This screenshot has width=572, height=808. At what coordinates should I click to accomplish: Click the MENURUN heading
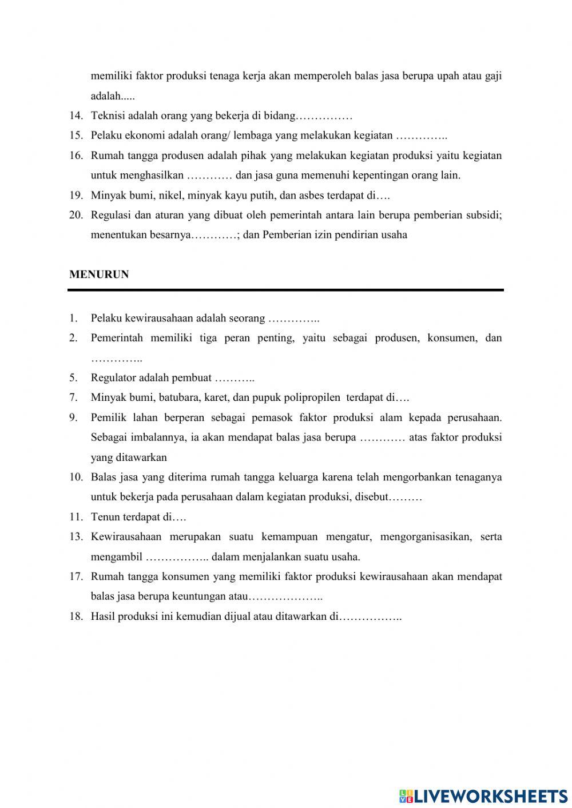[99, 274]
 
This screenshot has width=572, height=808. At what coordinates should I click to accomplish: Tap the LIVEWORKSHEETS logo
[483, 795]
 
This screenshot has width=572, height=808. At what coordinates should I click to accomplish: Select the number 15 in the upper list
[76, 136]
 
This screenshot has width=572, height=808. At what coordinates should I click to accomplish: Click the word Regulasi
[111, 215]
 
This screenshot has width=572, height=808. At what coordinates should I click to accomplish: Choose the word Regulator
[113, 378]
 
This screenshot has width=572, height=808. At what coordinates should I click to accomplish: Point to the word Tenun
[105, 517]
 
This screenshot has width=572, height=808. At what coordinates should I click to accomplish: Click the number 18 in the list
[76, 616]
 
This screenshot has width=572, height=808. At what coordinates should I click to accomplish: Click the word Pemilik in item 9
[108, 417]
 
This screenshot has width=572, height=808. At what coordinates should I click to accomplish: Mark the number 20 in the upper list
[76, 215]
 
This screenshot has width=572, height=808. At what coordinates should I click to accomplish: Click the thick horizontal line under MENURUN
[285, 290]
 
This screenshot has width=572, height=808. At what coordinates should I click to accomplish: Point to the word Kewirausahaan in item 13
[126, 537]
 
